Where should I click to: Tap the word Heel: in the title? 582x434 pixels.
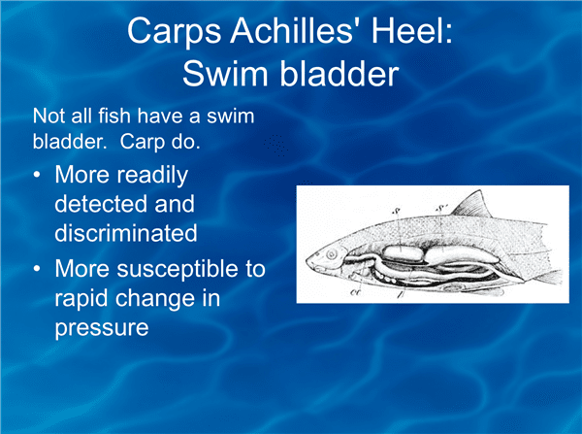coord(412,31)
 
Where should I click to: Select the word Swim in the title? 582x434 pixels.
coord(226,73)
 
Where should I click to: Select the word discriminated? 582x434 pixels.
coord(126,233)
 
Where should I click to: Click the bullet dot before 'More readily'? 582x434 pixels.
coord(37,174)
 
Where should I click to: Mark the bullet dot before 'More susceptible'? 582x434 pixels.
coord(37,268)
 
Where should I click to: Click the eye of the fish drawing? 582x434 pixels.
coord(331,254)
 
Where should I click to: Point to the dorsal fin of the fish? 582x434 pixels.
coord(474,206)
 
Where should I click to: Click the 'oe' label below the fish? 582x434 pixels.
coord(355,292)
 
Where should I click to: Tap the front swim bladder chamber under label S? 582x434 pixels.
coord(403,253)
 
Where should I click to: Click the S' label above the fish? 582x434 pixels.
coord(440,209)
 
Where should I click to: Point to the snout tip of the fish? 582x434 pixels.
coord(307,260)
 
